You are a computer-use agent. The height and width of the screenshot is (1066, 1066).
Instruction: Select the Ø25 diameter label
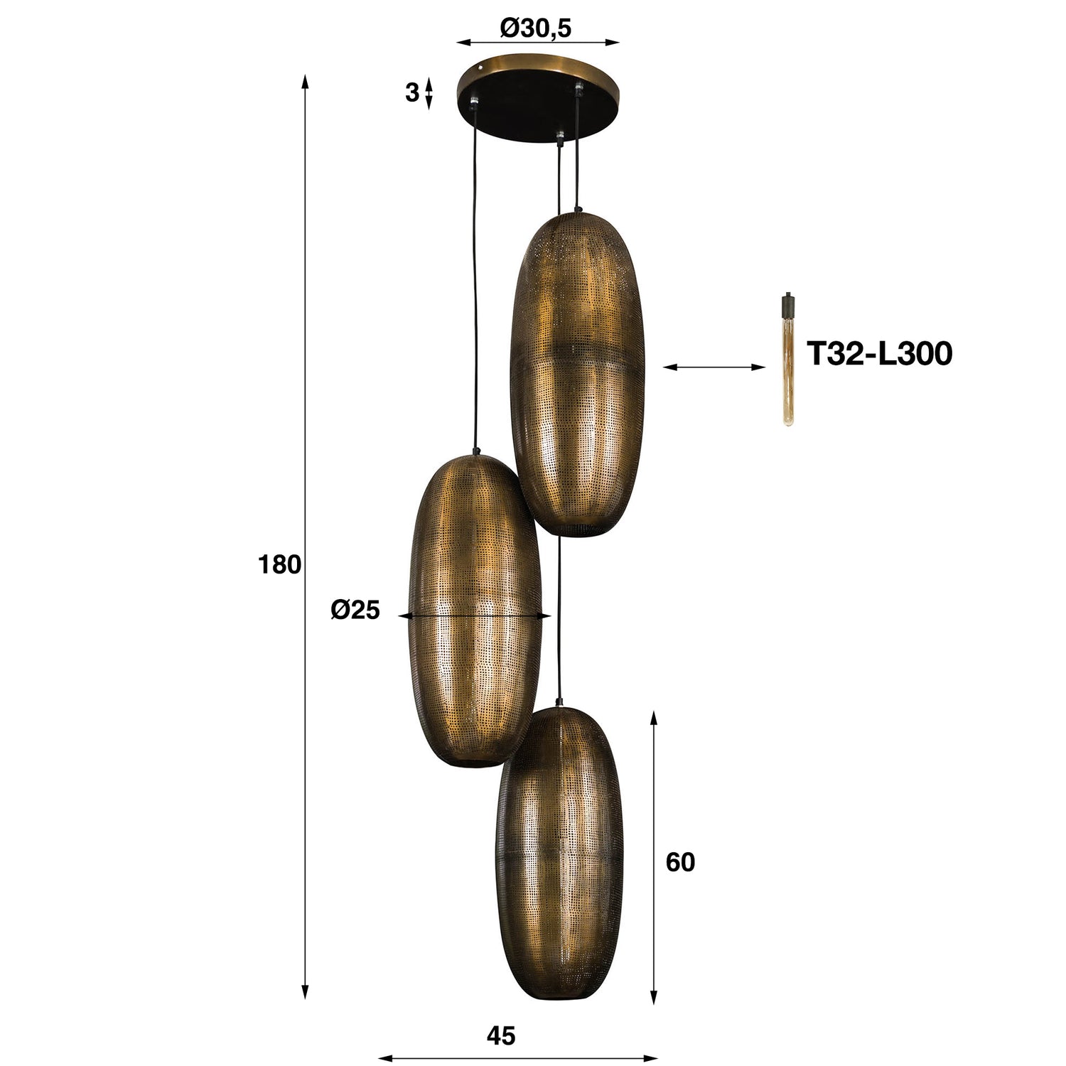tap(355, 610)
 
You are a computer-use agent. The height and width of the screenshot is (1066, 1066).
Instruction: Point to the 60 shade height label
tap(680, 862)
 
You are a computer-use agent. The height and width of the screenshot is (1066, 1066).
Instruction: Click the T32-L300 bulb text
tap(878, 353)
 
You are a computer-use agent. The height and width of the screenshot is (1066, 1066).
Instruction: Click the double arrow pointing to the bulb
tap(714, 367)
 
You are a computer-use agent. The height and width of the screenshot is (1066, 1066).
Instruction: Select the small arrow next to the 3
tap(428, 94)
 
